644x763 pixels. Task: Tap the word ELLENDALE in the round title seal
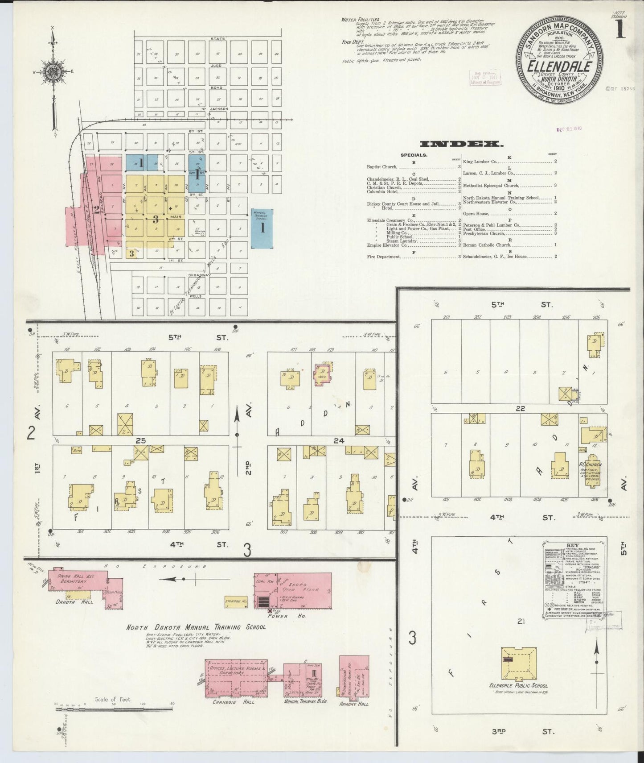click(559, 66)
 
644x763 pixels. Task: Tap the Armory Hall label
click(354, 704)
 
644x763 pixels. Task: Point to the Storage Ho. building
click(236, 601)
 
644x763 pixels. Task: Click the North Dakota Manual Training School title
click(196, 627)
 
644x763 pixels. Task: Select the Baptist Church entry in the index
click(382, 167)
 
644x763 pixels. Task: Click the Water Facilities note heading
click(360, 20)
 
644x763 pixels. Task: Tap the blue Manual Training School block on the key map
click(262, 228)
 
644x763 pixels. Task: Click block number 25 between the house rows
click(141, 440)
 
